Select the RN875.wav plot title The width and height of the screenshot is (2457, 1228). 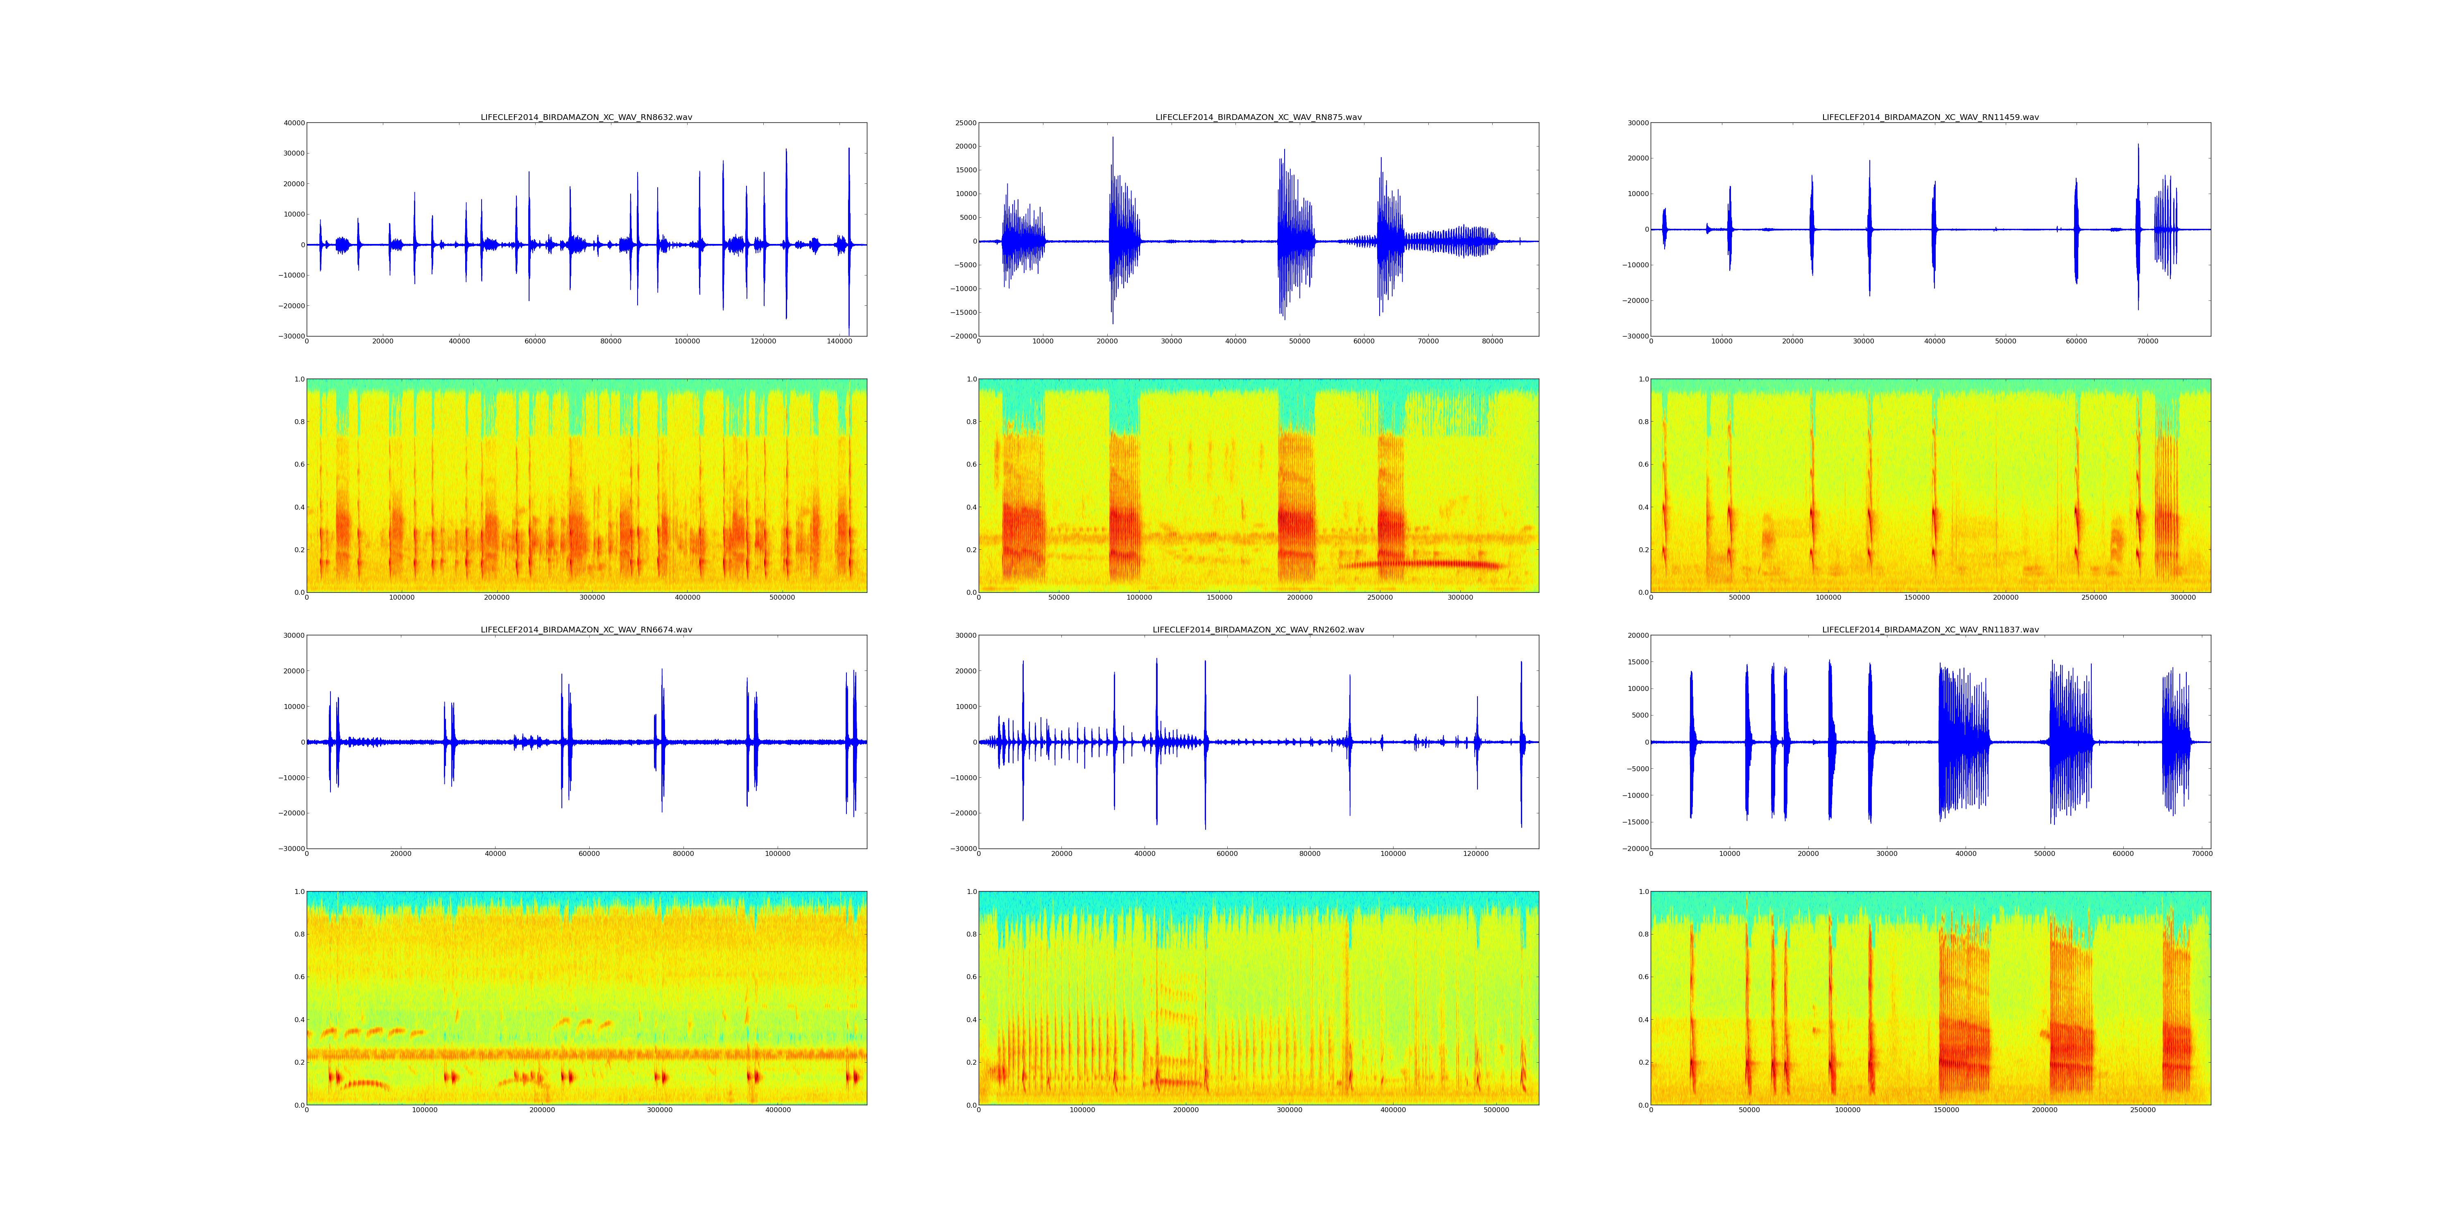tap(1258, 117)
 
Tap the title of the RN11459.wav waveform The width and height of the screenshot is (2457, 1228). tap(1930, 117)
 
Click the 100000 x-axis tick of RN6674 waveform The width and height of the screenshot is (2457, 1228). tap(777, 854)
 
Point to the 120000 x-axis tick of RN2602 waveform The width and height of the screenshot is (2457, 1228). tap(1475, 854)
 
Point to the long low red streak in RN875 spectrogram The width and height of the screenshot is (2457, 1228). tap(1421, 564)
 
